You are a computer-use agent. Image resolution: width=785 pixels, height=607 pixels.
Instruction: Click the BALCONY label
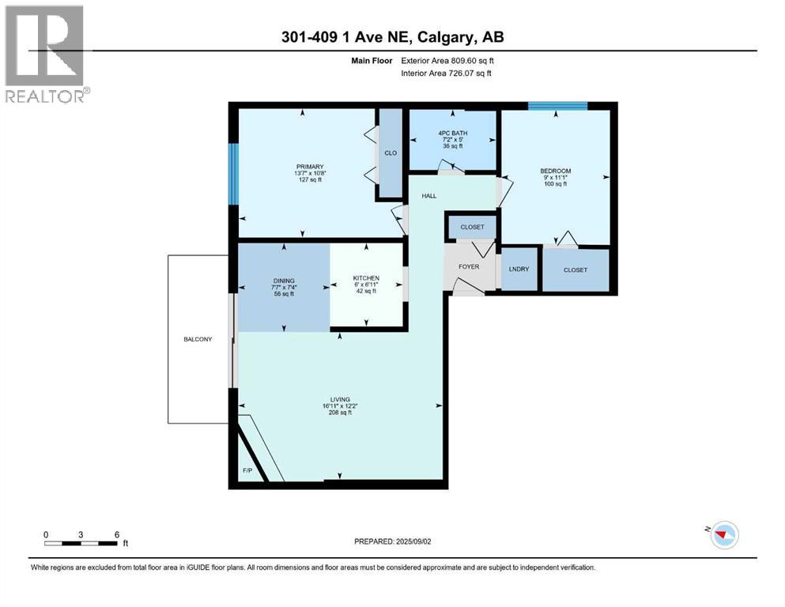[x=198, y=339]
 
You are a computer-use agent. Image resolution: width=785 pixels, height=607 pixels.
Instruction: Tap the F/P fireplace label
[x=247, y=470]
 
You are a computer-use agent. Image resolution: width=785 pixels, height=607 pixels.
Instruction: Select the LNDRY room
[x=519, y=270]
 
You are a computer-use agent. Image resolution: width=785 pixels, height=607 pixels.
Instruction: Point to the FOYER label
[x=469, y=266]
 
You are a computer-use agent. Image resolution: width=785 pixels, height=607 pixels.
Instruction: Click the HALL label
[x=428, y=195]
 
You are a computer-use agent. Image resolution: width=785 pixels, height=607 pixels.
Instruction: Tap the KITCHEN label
[x=366, y=278]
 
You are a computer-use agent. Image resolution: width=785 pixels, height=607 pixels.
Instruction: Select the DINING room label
[x=284, y=281]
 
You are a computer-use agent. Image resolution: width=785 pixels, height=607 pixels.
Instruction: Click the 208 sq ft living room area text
[x=339, y=413]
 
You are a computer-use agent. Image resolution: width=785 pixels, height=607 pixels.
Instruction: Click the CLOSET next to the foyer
[x=472, y=227]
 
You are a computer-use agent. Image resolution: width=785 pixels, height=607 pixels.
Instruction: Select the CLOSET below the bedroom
[x=576, y=270]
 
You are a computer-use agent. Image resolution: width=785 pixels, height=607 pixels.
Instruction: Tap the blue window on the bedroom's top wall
[x=557, y=105]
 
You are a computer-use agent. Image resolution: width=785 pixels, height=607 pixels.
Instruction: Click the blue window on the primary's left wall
[x=232, y=173]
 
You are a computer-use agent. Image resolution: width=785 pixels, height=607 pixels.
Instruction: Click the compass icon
[x=724, y=535]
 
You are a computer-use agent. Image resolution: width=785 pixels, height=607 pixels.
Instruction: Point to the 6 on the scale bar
[x=116, y=534]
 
